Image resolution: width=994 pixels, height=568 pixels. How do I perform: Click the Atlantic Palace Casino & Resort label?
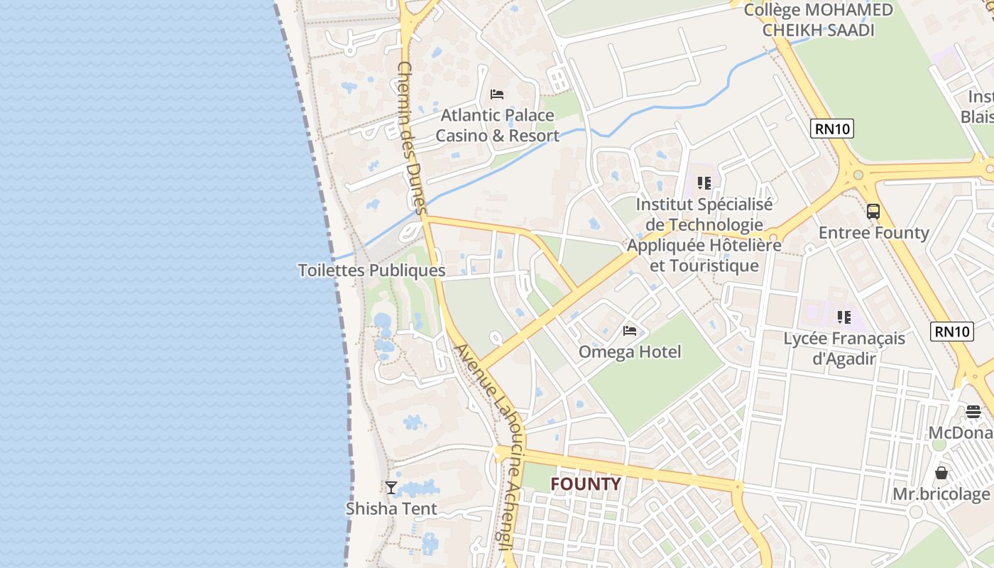point(497,125)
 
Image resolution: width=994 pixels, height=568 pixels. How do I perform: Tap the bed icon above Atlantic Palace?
point(497,94)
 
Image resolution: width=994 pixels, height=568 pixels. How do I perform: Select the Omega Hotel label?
point(630,351)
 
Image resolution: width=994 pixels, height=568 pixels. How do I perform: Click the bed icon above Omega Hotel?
point(630,330)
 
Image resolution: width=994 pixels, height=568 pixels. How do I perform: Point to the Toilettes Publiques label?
point(371,271)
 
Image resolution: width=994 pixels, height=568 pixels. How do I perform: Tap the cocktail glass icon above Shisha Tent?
point(390,487)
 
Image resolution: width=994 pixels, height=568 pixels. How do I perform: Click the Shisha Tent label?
point(391,508)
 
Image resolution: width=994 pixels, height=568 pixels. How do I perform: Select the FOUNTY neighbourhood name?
point(586,484)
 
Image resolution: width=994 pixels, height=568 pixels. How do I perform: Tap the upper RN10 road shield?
point(832,129)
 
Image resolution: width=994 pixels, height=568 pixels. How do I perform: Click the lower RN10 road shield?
point(951,331)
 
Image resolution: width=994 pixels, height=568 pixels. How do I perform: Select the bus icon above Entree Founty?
point(873,212)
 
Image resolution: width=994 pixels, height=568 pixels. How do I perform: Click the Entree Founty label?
point(873,233)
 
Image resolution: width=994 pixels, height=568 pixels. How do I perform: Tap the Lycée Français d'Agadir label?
point(844,348)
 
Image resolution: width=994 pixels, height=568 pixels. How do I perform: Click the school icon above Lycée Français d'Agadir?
point(843,317)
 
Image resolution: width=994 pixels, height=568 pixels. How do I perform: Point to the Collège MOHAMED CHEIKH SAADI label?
point(818,20)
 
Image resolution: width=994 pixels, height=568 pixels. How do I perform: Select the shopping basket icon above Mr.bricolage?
point(941,473)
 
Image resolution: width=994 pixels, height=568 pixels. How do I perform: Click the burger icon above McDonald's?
point(973,412)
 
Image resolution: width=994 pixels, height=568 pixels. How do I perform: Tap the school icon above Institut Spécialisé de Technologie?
point(704,183)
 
